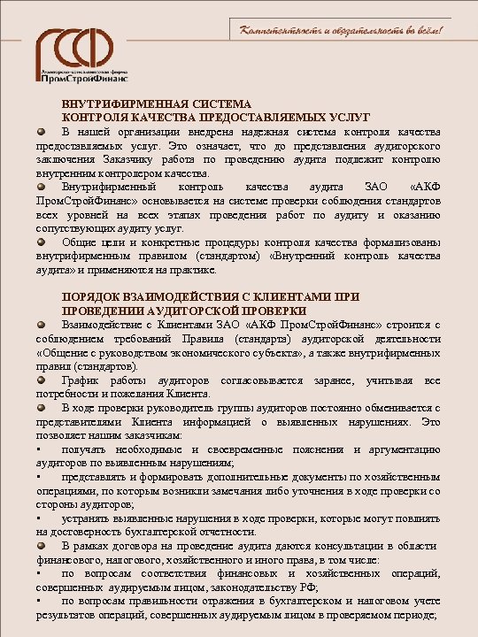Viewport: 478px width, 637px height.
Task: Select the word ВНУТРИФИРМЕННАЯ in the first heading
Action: pos(114,104)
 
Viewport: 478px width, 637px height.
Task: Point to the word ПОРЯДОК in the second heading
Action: pos(89,298)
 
